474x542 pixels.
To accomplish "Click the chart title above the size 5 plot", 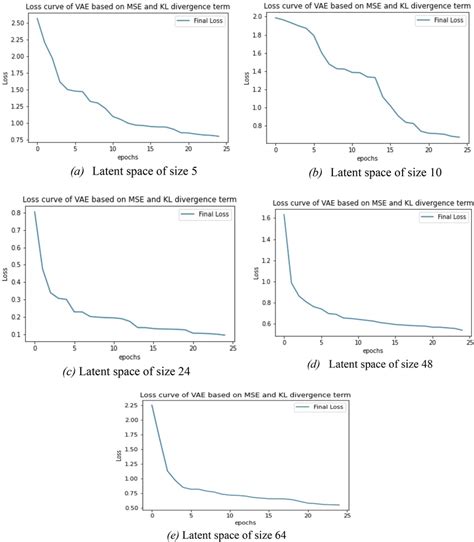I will (120, 7).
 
